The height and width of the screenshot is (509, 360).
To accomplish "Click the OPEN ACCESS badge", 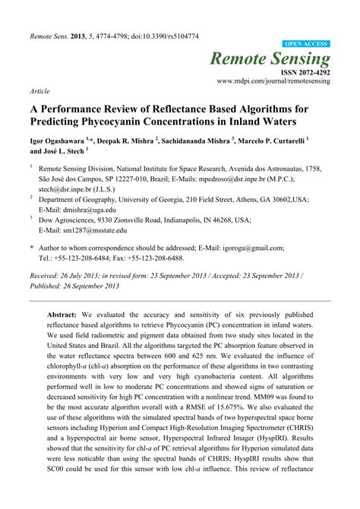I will (x=306, y=45).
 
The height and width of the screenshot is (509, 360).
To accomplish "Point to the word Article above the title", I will (x=39, y=90).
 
